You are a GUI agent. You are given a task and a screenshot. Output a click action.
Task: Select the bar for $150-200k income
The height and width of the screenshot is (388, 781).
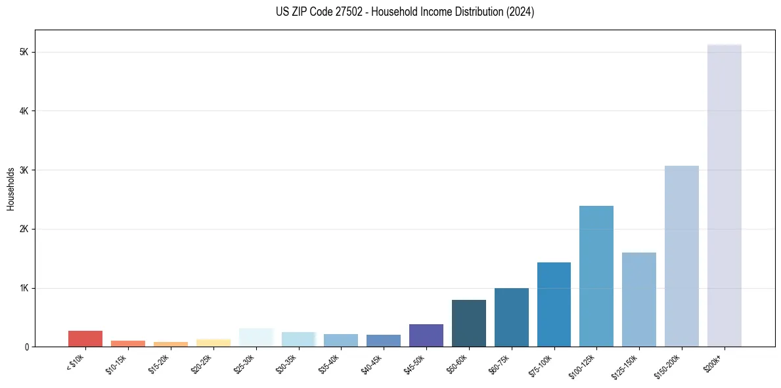[681, 256]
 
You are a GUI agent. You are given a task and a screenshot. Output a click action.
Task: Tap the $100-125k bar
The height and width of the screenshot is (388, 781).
[596, 276]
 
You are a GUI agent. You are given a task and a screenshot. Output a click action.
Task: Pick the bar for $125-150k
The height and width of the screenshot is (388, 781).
[638, 299]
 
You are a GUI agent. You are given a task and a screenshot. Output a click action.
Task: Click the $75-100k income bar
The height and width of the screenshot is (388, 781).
[554, 304]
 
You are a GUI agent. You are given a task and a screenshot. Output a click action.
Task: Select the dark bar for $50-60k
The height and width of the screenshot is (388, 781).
[468, 323]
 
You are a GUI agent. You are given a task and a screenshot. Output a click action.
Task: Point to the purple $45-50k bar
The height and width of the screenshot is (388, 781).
[426, 335]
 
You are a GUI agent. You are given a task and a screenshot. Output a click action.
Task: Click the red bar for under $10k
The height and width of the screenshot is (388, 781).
[85, 339]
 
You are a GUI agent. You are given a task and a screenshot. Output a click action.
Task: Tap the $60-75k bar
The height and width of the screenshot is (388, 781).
[511, 317]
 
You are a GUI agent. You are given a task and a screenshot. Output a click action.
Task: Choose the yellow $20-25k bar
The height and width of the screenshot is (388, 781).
[213, 343]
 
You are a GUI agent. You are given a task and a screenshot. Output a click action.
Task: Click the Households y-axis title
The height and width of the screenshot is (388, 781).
[11, 189]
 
